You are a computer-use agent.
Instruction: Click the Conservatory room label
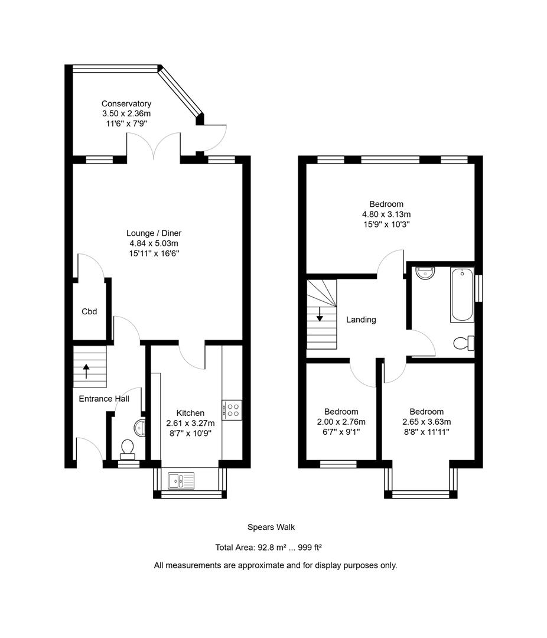click(126, 104)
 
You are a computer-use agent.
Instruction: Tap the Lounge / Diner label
click(154, 233)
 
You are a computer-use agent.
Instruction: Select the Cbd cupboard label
click(89, 312)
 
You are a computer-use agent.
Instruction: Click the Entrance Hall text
click(104, 399)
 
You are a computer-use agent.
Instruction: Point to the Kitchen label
click(190, 413)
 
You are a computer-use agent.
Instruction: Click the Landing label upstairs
click(361, 320)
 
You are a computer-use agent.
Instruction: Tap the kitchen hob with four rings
click(232, 410)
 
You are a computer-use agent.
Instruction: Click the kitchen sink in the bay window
click(181, 480)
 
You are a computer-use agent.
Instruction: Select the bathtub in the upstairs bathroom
click(462, 295)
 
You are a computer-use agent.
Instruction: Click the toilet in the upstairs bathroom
click(464, 343)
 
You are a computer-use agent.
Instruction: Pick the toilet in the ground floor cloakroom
click(128, 450)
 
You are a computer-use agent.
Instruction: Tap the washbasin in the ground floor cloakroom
click(139, 428)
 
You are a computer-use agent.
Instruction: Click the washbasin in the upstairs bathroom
click(426, 272)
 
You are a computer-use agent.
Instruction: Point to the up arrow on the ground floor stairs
click(86, 371)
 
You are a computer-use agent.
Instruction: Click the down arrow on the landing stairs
click(320, 314)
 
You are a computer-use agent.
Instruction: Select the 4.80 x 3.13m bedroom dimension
click(386, 214)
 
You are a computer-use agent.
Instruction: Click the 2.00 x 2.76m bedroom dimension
click(341, 422)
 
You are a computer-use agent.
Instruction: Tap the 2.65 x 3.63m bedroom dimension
click(426, 422)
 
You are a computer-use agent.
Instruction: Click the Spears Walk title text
click(271, 528)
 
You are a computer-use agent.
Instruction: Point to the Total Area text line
click(269, 548)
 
